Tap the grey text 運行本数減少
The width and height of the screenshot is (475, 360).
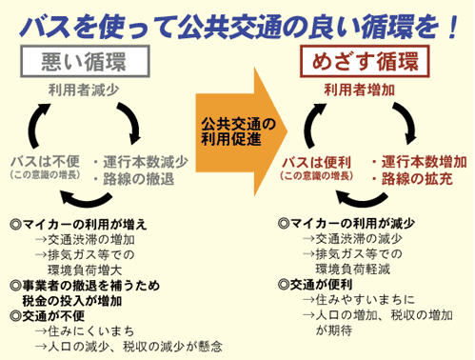click(145, 160)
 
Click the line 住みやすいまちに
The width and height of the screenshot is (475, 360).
click(354, 299)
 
